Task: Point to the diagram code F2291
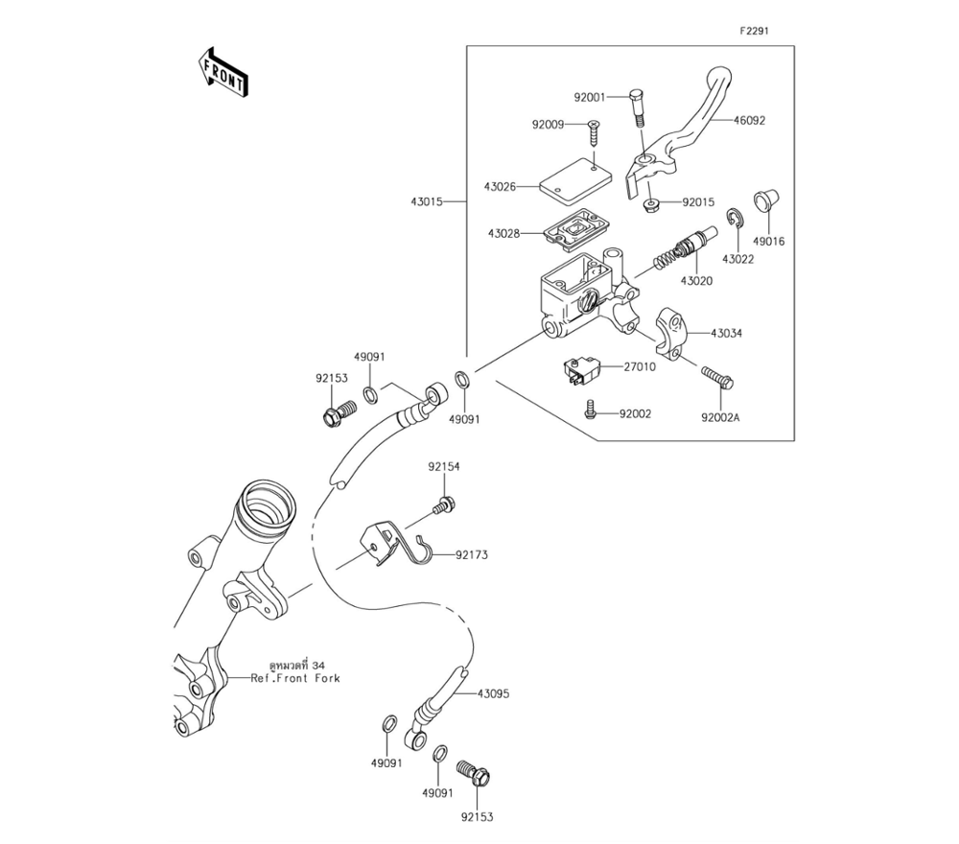pos(753,31)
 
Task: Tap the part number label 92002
pos(635,414)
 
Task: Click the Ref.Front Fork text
pos(295,678)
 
